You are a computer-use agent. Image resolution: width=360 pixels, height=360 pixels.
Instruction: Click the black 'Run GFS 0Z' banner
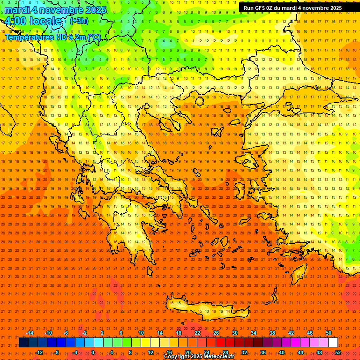click(292, 8)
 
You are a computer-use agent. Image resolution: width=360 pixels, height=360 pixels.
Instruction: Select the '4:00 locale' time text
click(33, 21)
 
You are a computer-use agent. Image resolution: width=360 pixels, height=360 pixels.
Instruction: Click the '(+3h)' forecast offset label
click(79, 21)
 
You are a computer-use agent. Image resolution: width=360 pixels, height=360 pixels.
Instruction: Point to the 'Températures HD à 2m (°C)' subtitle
click(52, 37)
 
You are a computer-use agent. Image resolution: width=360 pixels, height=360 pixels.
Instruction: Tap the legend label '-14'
click(30, 333)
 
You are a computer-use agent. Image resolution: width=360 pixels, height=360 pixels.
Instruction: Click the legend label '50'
click(329, 333)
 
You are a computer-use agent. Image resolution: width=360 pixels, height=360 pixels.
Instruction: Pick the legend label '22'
click(197, 333)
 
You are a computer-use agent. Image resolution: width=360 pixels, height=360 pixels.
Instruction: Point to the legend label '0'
click(93, 352)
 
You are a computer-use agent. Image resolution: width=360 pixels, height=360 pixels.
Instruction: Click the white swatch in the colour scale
click(333, 343)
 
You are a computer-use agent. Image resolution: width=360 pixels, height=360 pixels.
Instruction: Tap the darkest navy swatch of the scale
click(23, 343)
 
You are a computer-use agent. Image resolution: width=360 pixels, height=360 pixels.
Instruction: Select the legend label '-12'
click(39, 352)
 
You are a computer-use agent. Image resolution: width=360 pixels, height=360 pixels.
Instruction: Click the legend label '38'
click(272, 333)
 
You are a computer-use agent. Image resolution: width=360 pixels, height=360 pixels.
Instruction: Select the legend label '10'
click(141, 333)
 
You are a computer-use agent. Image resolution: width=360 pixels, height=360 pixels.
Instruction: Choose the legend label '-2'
click(85, 333)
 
